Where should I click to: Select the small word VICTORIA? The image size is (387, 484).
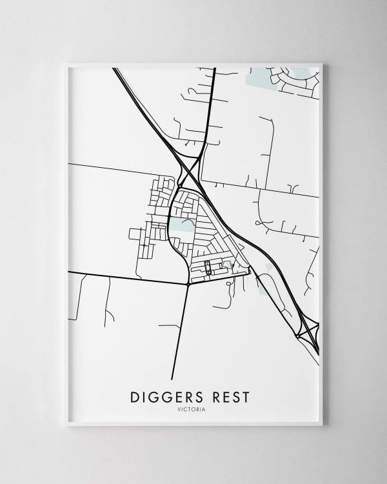coord(193,408)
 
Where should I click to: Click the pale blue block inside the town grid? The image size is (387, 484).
coord(182,225)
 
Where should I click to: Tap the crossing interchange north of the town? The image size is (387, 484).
coord(189,170)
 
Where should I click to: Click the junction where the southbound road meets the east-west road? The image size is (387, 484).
coord(187,283)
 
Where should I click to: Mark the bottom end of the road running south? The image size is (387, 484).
coord(172,378)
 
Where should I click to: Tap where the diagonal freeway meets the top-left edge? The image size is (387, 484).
coord(116,70)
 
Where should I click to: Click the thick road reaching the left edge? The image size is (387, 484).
coord(70,274)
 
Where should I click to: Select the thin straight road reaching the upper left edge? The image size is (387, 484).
coord(70,164)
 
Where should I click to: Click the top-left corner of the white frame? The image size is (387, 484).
coord(66,63)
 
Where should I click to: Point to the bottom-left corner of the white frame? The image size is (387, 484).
coord(66,426)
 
